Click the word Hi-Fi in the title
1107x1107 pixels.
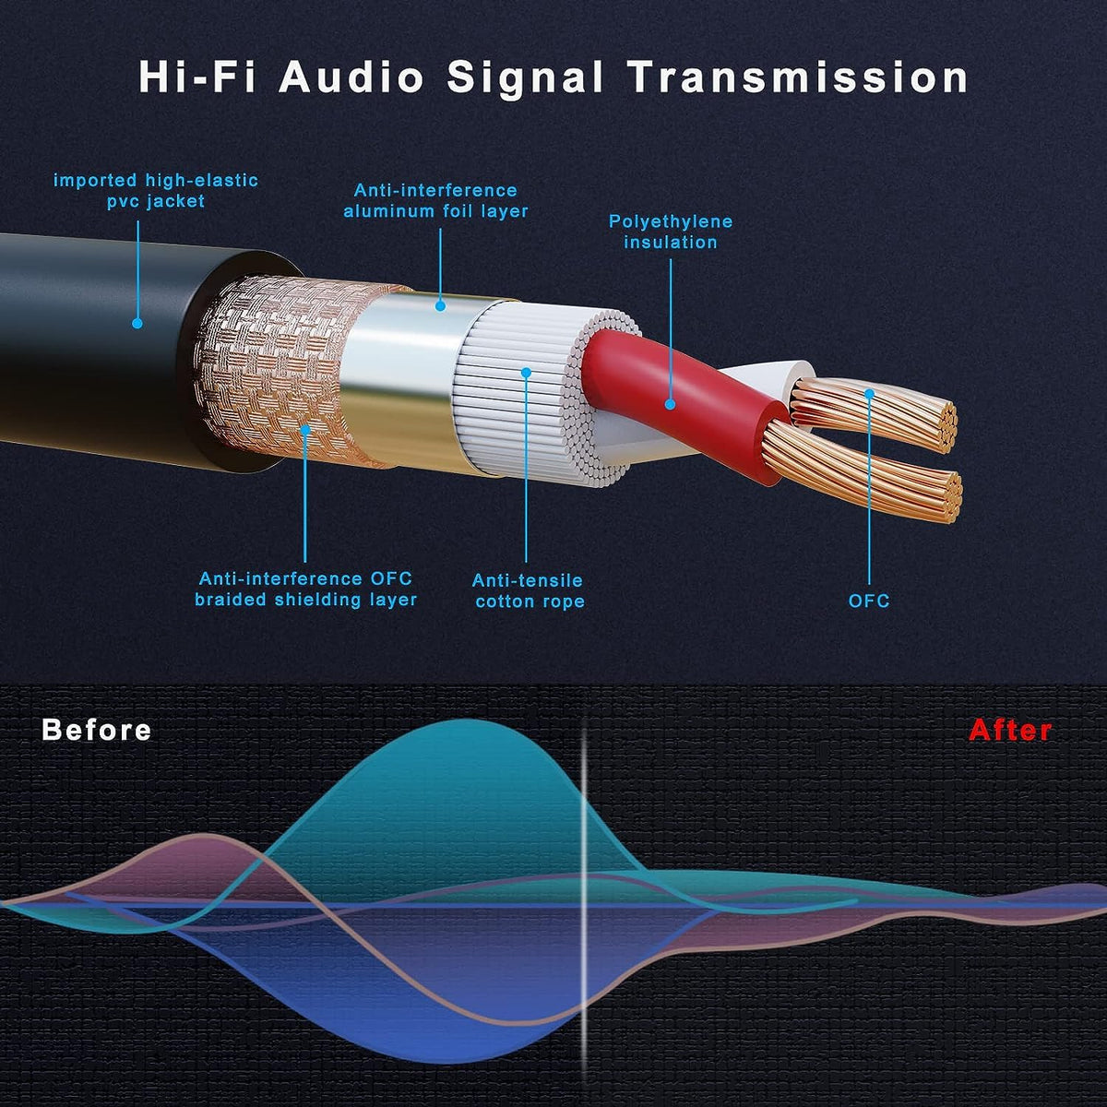click(x=197, y=77)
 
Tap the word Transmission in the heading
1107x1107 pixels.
click(x=798, y=77)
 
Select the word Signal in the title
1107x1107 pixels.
click(x=525, y=78)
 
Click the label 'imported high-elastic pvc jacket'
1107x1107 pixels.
click(x=156, y=191)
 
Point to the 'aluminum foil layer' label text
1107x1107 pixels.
click(x=435, y=211)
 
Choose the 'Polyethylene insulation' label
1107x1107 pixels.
click(x=671, y=232)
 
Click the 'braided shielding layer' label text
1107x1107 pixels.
click(x=305, y=600)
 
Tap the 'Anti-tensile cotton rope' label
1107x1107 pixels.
click(x=528, y=591)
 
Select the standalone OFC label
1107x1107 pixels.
click(x=869, y=601)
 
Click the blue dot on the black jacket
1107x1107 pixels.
click(x=137, y=324)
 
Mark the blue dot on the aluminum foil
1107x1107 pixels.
click(x=440, y=306)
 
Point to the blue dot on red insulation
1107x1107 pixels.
click(x=670, y=404)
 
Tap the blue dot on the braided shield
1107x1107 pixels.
click(x=305, y=429)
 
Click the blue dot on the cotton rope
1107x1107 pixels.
click(x=526, y=373)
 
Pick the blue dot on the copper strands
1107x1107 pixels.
click(x=869, y=394)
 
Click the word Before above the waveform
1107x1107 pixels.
click(x=97, y=730)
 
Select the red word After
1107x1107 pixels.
click(x=1010, y=730)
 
